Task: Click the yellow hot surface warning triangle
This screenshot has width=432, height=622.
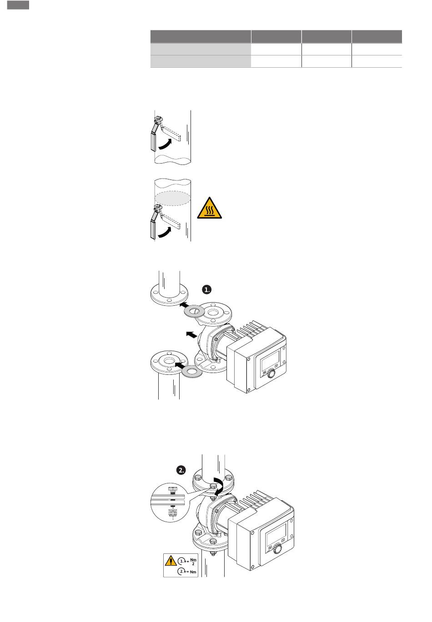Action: click(x=209, y=209)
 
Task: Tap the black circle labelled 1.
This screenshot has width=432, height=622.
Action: click(x=206, y=289)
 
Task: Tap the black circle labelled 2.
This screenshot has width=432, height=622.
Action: click(x=181, y=470)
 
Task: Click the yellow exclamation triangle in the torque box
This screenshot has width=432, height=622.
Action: click(x=171, y=560)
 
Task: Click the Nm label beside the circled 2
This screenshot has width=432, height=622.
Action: click(x=193, y=572)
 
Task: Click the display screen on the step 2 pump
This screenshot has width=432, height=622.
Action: click(x=276, y=534)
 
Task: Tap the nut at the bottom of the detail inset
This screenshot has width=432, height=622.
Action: click(x=172, y=513)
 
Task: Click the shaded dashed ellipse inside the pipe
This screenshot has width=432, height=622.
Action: click(x=172, y=198)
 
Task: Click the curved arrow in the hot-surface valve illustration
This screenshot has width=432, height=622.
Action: click(x=165, y=233)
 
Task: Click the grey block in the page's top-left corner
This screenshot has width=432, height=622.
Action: click(x=18, y=5)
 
